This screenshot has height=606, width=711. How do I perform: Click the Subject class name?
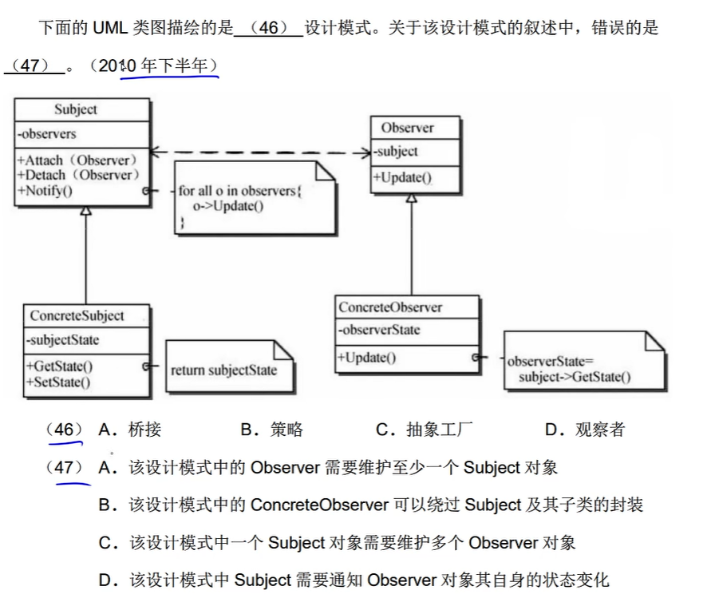[x=76, y=109]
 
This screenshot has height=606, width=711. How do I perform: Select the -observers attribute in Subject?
[x=47, y=133]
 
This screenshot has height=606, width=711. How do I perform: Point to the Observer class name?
[x=407, y=128]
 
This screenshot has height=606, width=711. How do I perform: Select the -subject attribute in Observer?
[x=397, y=151]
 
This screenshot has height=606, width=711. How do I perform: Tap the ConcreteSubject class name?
[x=77, y=315]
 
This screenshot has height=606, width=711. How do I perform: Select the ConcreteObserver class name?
[x=390, y=307]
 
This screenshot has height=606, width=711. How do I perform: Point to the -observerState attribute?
[x=379, y=330]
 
